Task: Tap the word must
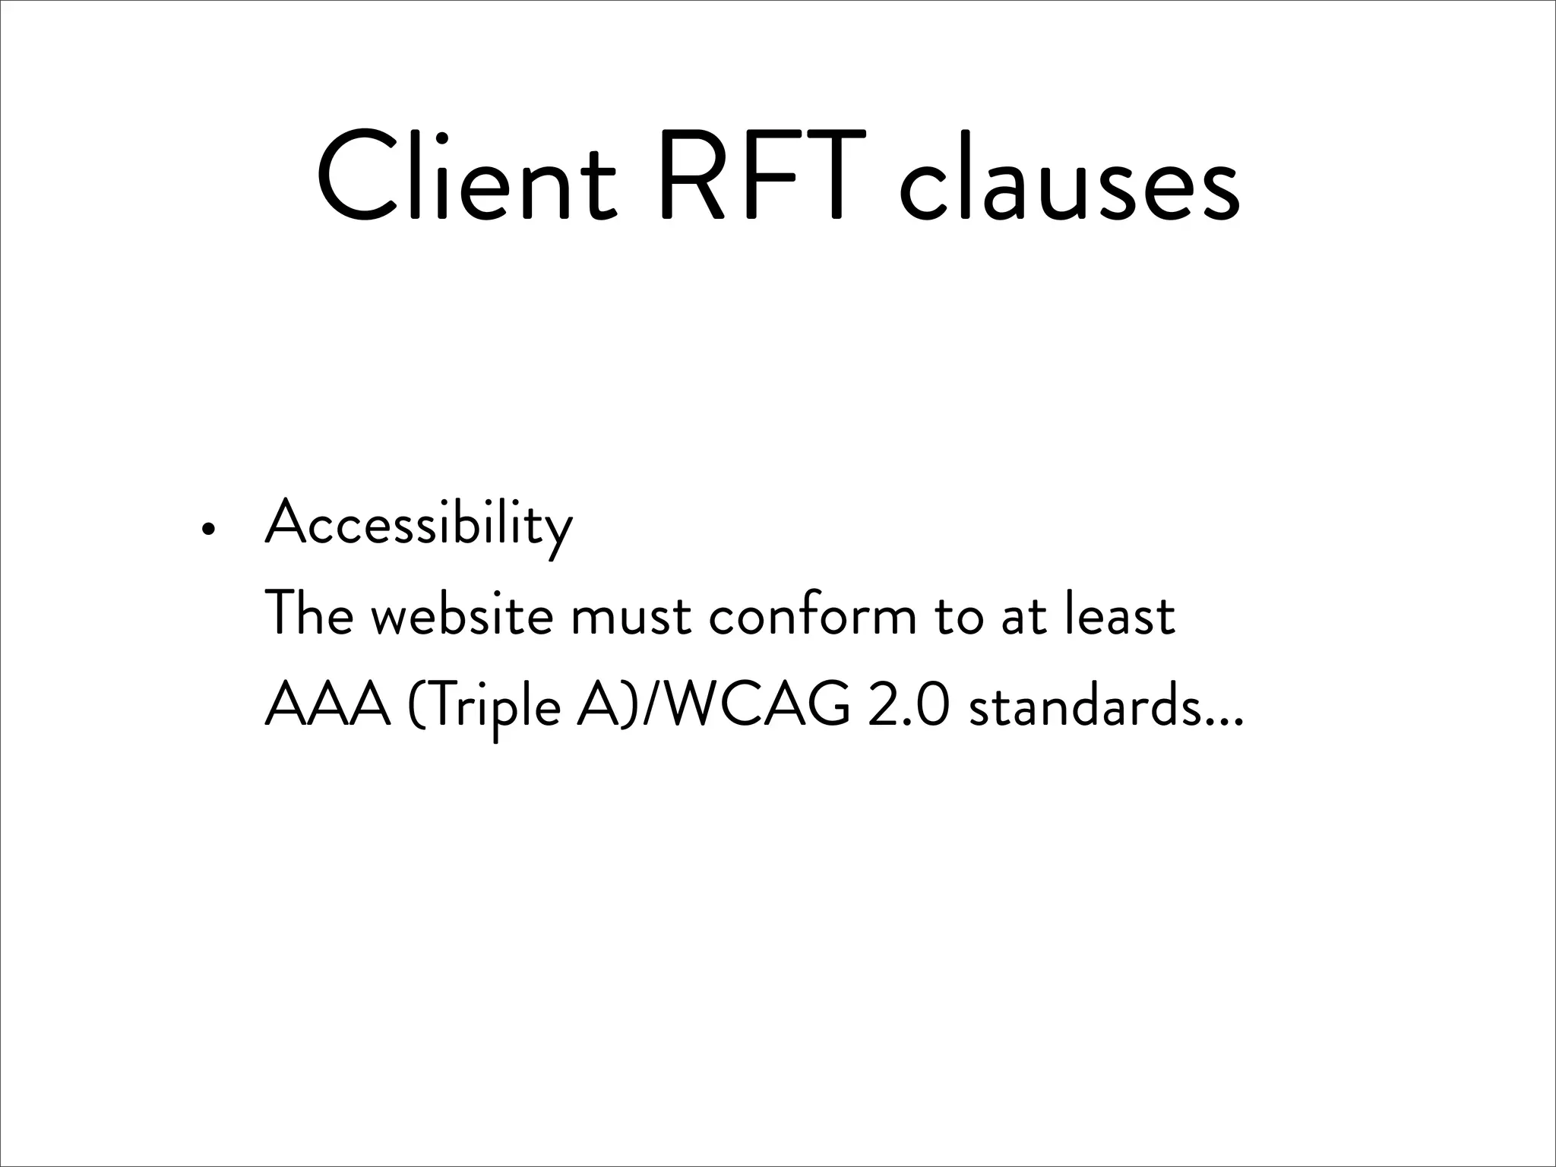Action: (631, 617)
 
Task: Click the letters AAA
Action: (327, 705)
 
